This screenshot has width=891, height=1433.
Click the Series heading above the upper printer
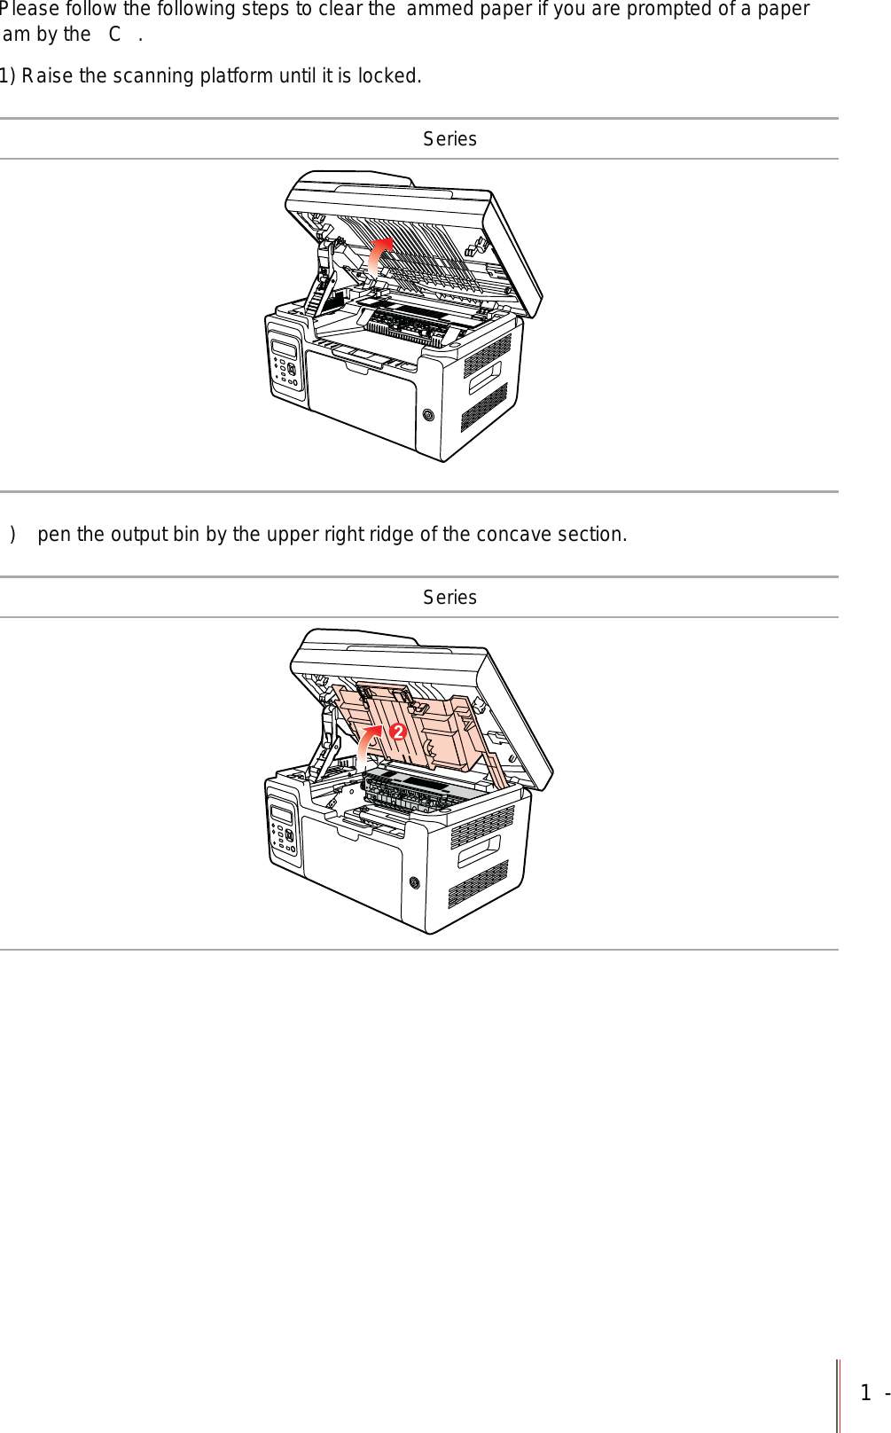pyautogui.click(x=449, y=139)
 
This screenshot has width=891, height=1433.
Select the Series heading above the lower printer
pyautogui.click(x=449, y=598)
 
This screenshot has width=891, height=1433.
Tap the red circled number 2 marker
pyautogui.click(x=397, y=732)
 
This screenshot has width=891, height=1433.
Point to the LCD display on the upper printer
pyautogui.click(x=284, y=348)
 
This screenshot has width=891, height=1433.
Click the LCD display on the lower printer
pyautogui.click(x=282, y=815)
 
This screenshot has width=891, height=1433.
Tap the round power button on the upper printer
pyautogui.click(x=428, y=415)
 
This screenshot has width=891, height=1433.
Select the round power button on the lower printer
pyautogui.click(x=414, y=882)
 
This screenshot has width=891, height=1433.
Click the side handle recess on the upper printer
pyautogui.click(x=484, y=378)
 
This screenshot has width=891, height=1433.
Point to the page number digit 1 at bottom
pyautogui.click(x=865, y=1393)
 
